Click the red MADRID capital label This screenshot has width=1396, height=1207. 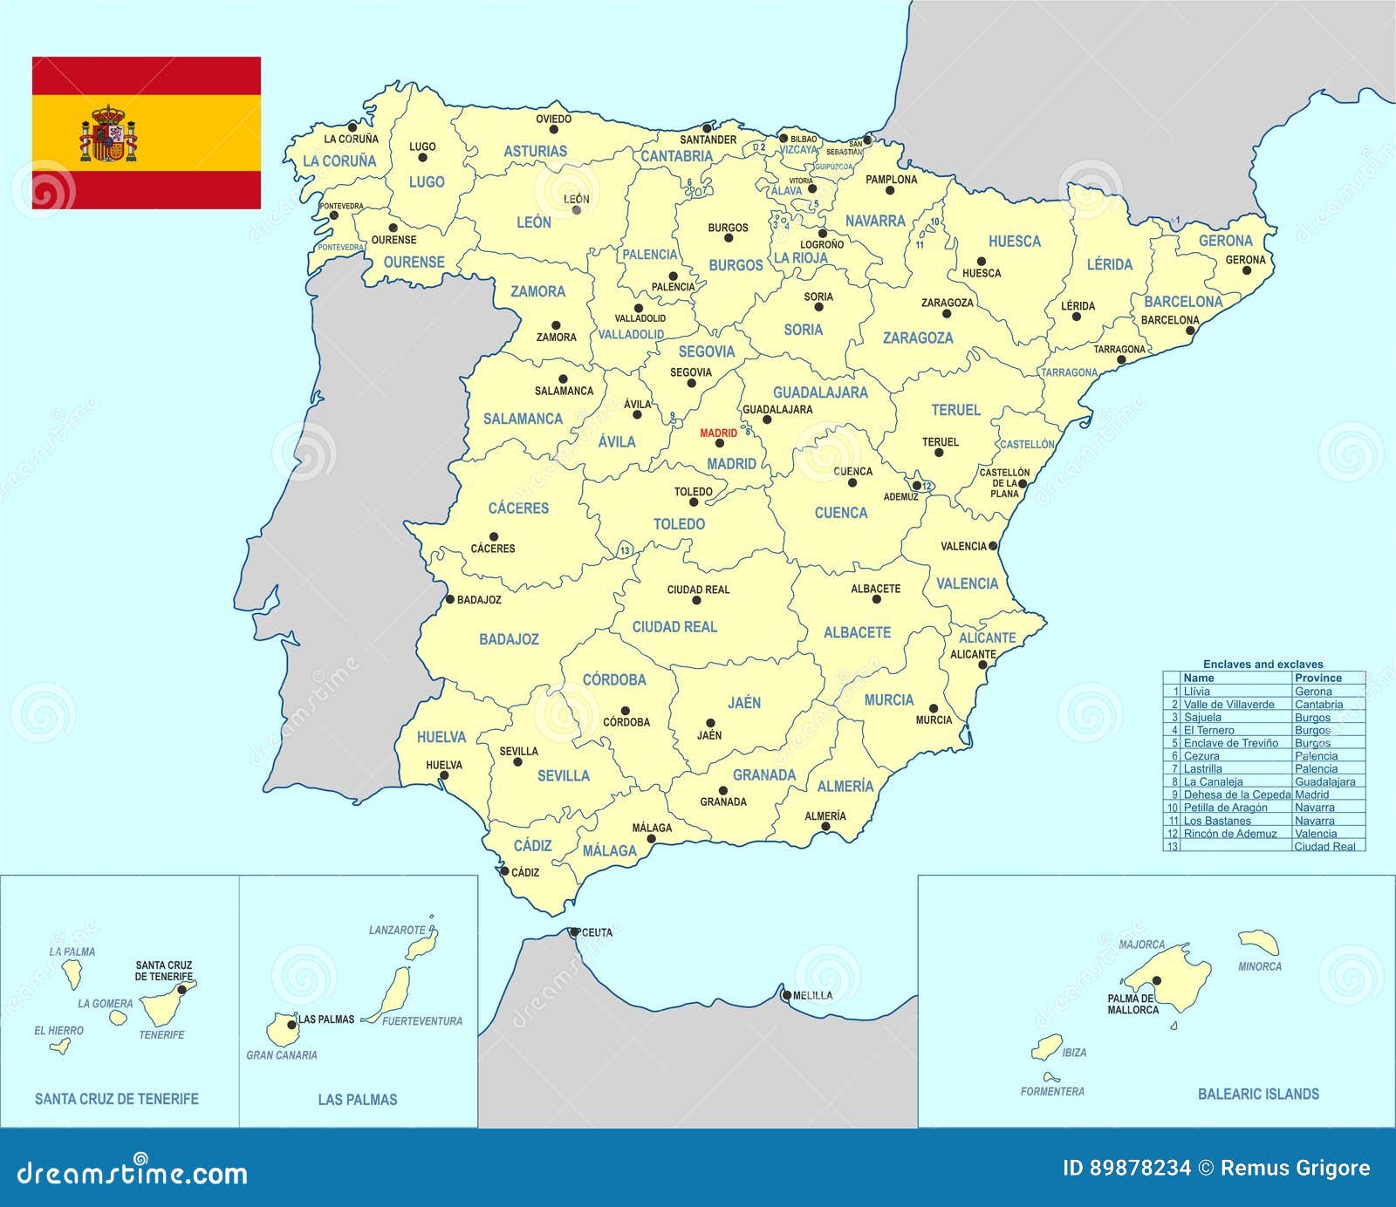(x=718, y=433)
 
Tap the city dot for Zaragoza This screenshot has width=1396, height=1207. (x=947, y=313)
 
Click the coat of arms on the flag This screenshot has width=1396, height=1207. (x=108, y=134)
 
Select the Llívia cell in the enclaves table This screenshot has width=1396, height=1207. (x=1197, y=692)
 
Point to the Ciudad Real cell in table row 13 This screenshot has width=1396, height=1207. (x=1324, y=846)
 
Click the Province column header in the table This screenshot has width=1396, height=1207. (x=1317, y=678)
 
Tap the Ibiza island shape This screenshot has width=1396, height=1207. (x=1047, y=1047)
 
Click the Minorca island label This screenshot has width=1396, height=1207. (x=1260, y=966)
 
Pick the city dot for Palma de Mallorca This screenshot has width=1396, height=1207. (x=1157, y=980)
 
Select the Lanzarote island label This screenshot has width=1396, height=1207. (x=397, y=931)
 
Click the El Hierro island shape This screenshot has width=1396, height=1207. (x=60, y=1045)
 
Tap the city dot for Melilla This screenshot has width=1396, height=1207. (x=786, y=995)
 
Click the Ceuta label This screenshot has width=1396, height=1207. (x=597, y=932)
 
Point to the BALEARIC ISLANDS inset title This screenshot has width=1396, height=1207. (x=1258, y=1094)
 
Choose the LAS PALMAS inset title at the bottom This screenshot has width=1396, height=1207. (x=357, y=1100)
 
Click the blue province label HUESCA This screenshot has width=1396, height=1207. (x=1014, y=242)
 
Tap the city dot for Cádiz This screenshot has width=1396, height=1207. (x=503, y=870)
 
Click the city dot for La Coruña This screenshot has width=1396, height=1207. (x=352, y=126)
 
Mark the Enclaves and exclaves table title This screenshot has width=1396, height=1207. (x=1263, y=664)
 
